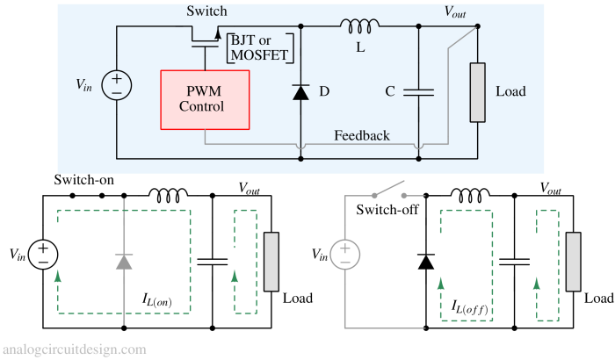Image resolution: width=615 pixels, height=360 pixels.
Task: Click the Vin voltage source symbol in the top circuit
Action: tap(117, 85)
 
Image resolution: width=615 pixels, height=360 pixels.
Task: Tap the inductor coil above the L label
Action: tap(359, 26)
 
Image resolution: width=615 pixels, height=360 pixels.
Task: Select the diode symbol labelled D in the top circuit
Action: tap(300, 91)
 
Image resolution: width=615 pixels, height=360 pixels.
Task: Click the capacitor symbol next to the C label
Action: tap(418, 90)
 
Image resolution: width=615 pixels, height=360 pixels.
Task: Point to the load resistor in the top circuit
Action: tap(477, 92)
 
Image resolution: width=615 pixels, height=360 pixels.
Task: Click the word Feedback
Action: tap(361, 136)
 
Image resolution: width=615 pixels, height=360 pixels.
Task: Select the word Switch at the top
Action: tap(206, 11)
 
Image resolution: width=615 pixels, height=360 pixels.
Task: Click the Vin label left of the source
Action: tap(84, 85)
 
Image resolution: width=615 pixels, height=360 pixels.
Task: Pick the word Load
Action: tap(510, 91)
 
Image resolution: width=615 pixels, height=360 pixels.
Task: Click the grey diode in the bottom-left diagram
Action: tap(124, 261)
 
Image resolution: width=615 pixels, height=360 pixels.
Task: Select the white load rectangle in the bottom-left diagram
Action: tap(271, 261)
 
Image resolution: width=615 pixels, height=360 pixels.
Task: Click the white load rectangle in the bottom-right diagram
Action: tap(573, 262)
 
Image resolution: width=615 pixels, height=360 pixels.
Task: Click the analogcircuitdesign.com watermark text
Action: tap(74, 349)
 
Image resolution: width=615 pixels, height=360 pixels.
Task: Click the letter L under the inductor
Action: tap(359, 48)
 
